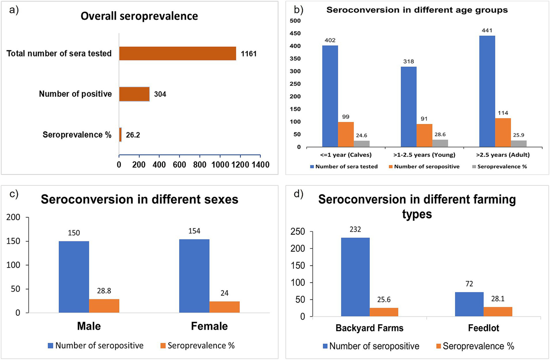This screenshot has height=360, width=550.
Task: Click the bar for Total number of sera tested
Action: click(177, 53)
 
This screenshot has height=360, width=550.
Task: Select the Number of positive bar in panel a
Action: click(134, 94)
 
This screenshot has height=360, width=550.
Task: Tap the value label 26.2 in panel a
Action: click(133, 135)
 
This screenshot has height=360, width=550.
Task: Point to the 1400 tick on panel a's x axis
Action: click(260, 165)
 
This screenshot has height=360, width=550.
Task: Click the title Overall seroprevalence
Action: click(139, 16)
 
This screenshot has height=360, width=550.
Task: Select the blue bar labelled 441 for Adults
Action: click(487, 91)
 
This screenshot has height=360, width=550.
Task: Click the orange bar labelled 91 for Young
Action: click(424, 135)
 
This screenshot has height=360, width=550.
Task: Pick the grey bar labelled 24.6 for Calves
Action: click(362, 143)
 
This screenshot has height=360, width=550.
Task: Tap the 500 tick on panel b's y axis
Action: click(296, 21)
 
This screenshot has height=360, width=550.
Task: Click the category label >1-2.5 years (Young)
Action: click(424, 155)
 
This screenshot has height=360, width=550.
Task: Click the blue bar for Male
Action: click(74, 277)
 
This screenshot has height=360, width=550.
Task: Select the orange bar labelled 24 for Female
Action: click(224, 307)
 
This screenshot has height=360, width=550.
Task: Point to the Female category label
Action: click(209, 326)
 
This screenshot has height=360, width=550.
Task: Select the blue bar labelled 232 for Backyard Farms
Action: click(355, 277)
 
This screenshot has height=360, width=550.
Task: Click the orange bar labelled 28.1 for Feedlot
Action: click(498, 312)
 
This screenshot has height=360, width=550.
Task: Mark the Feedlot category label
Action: click(483, 328)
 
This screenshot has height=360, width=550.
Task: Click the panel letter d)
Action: click(298, 194)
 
